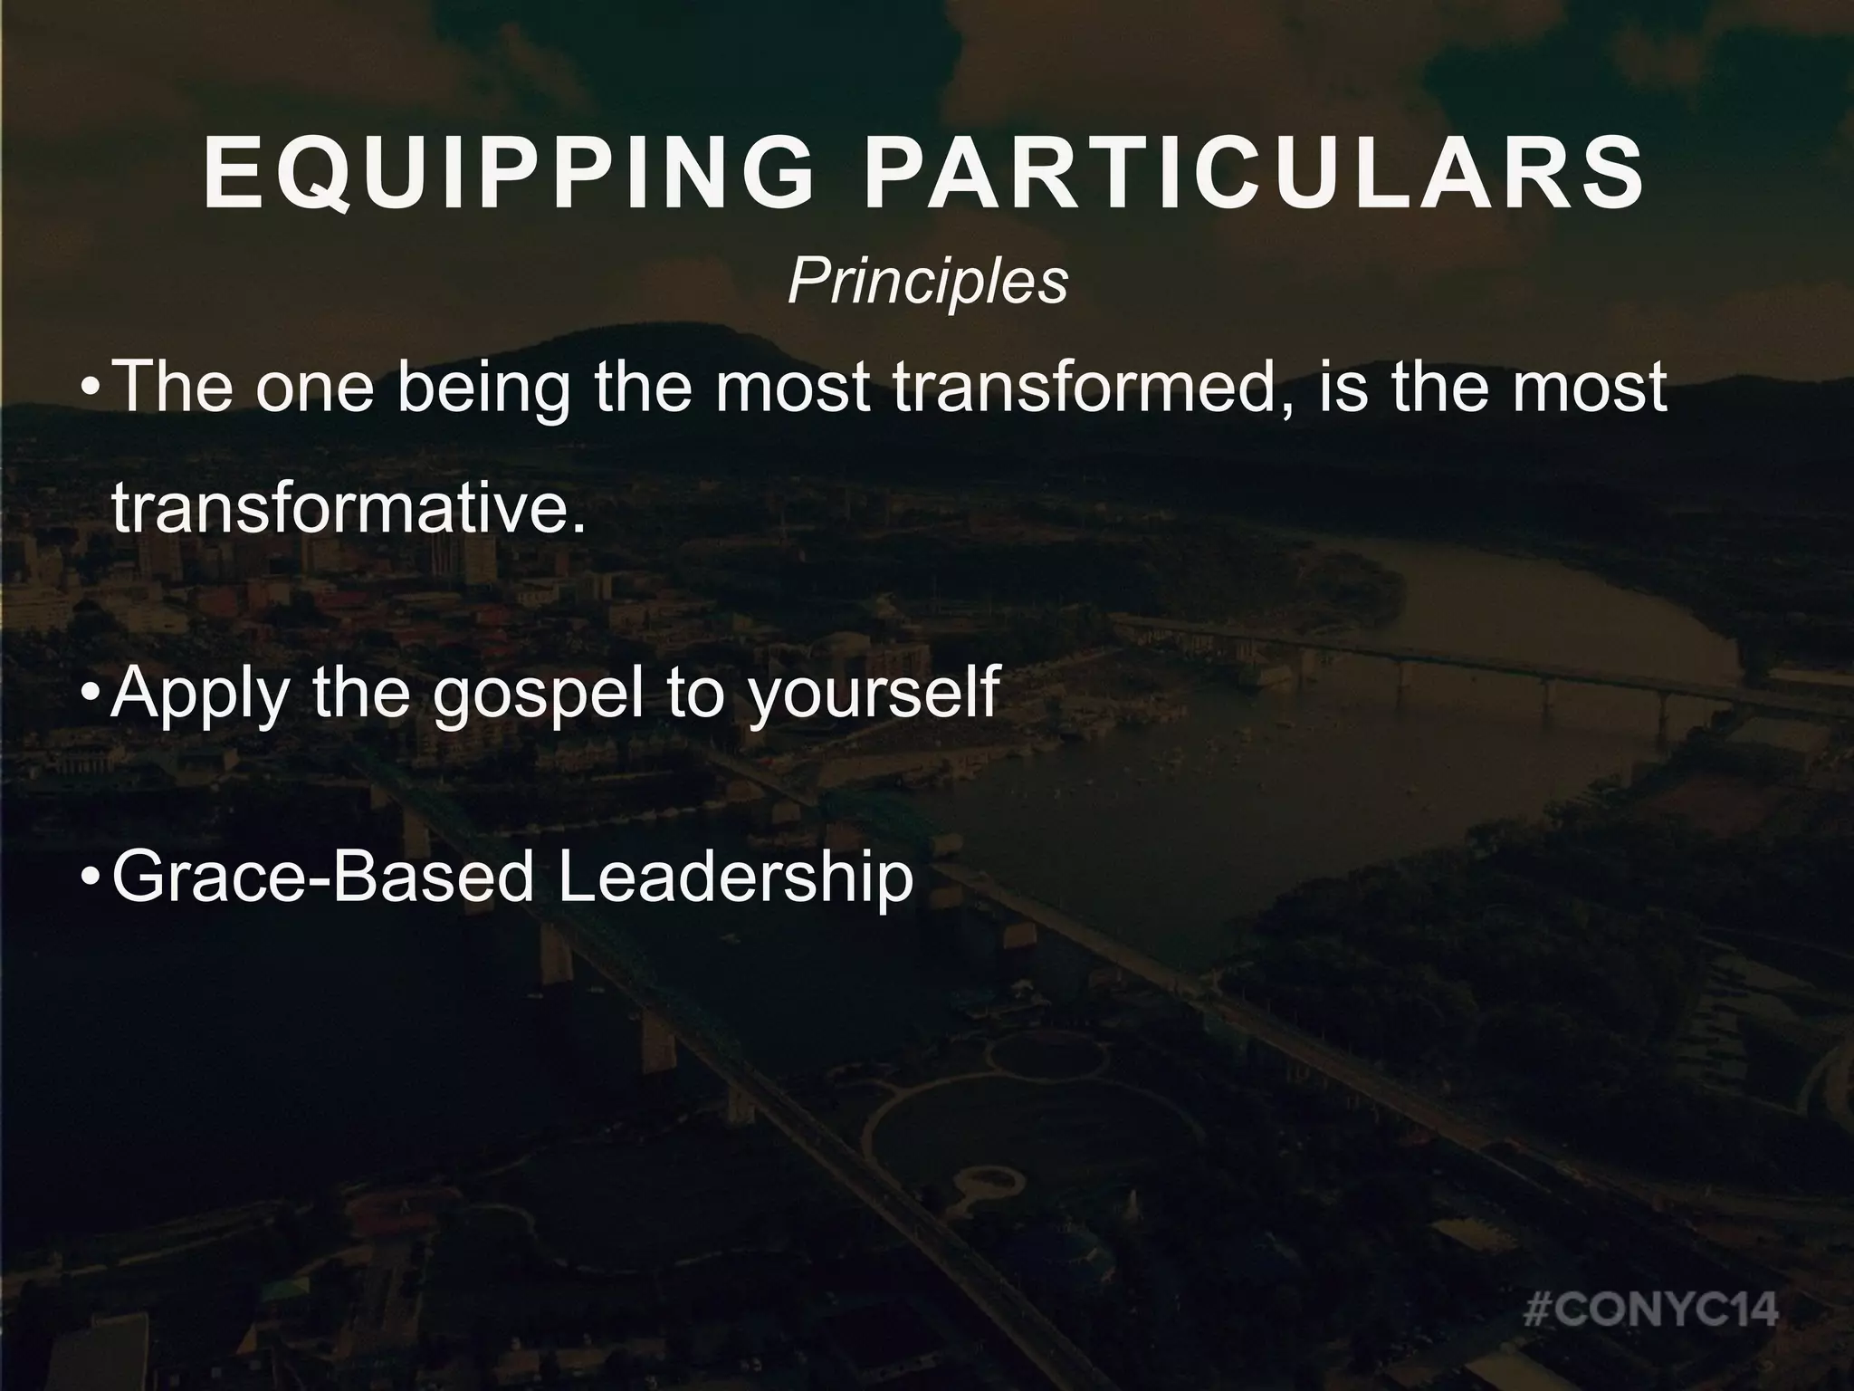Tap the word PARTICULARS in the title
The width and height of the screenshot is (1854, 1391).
click(1254, 173)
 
